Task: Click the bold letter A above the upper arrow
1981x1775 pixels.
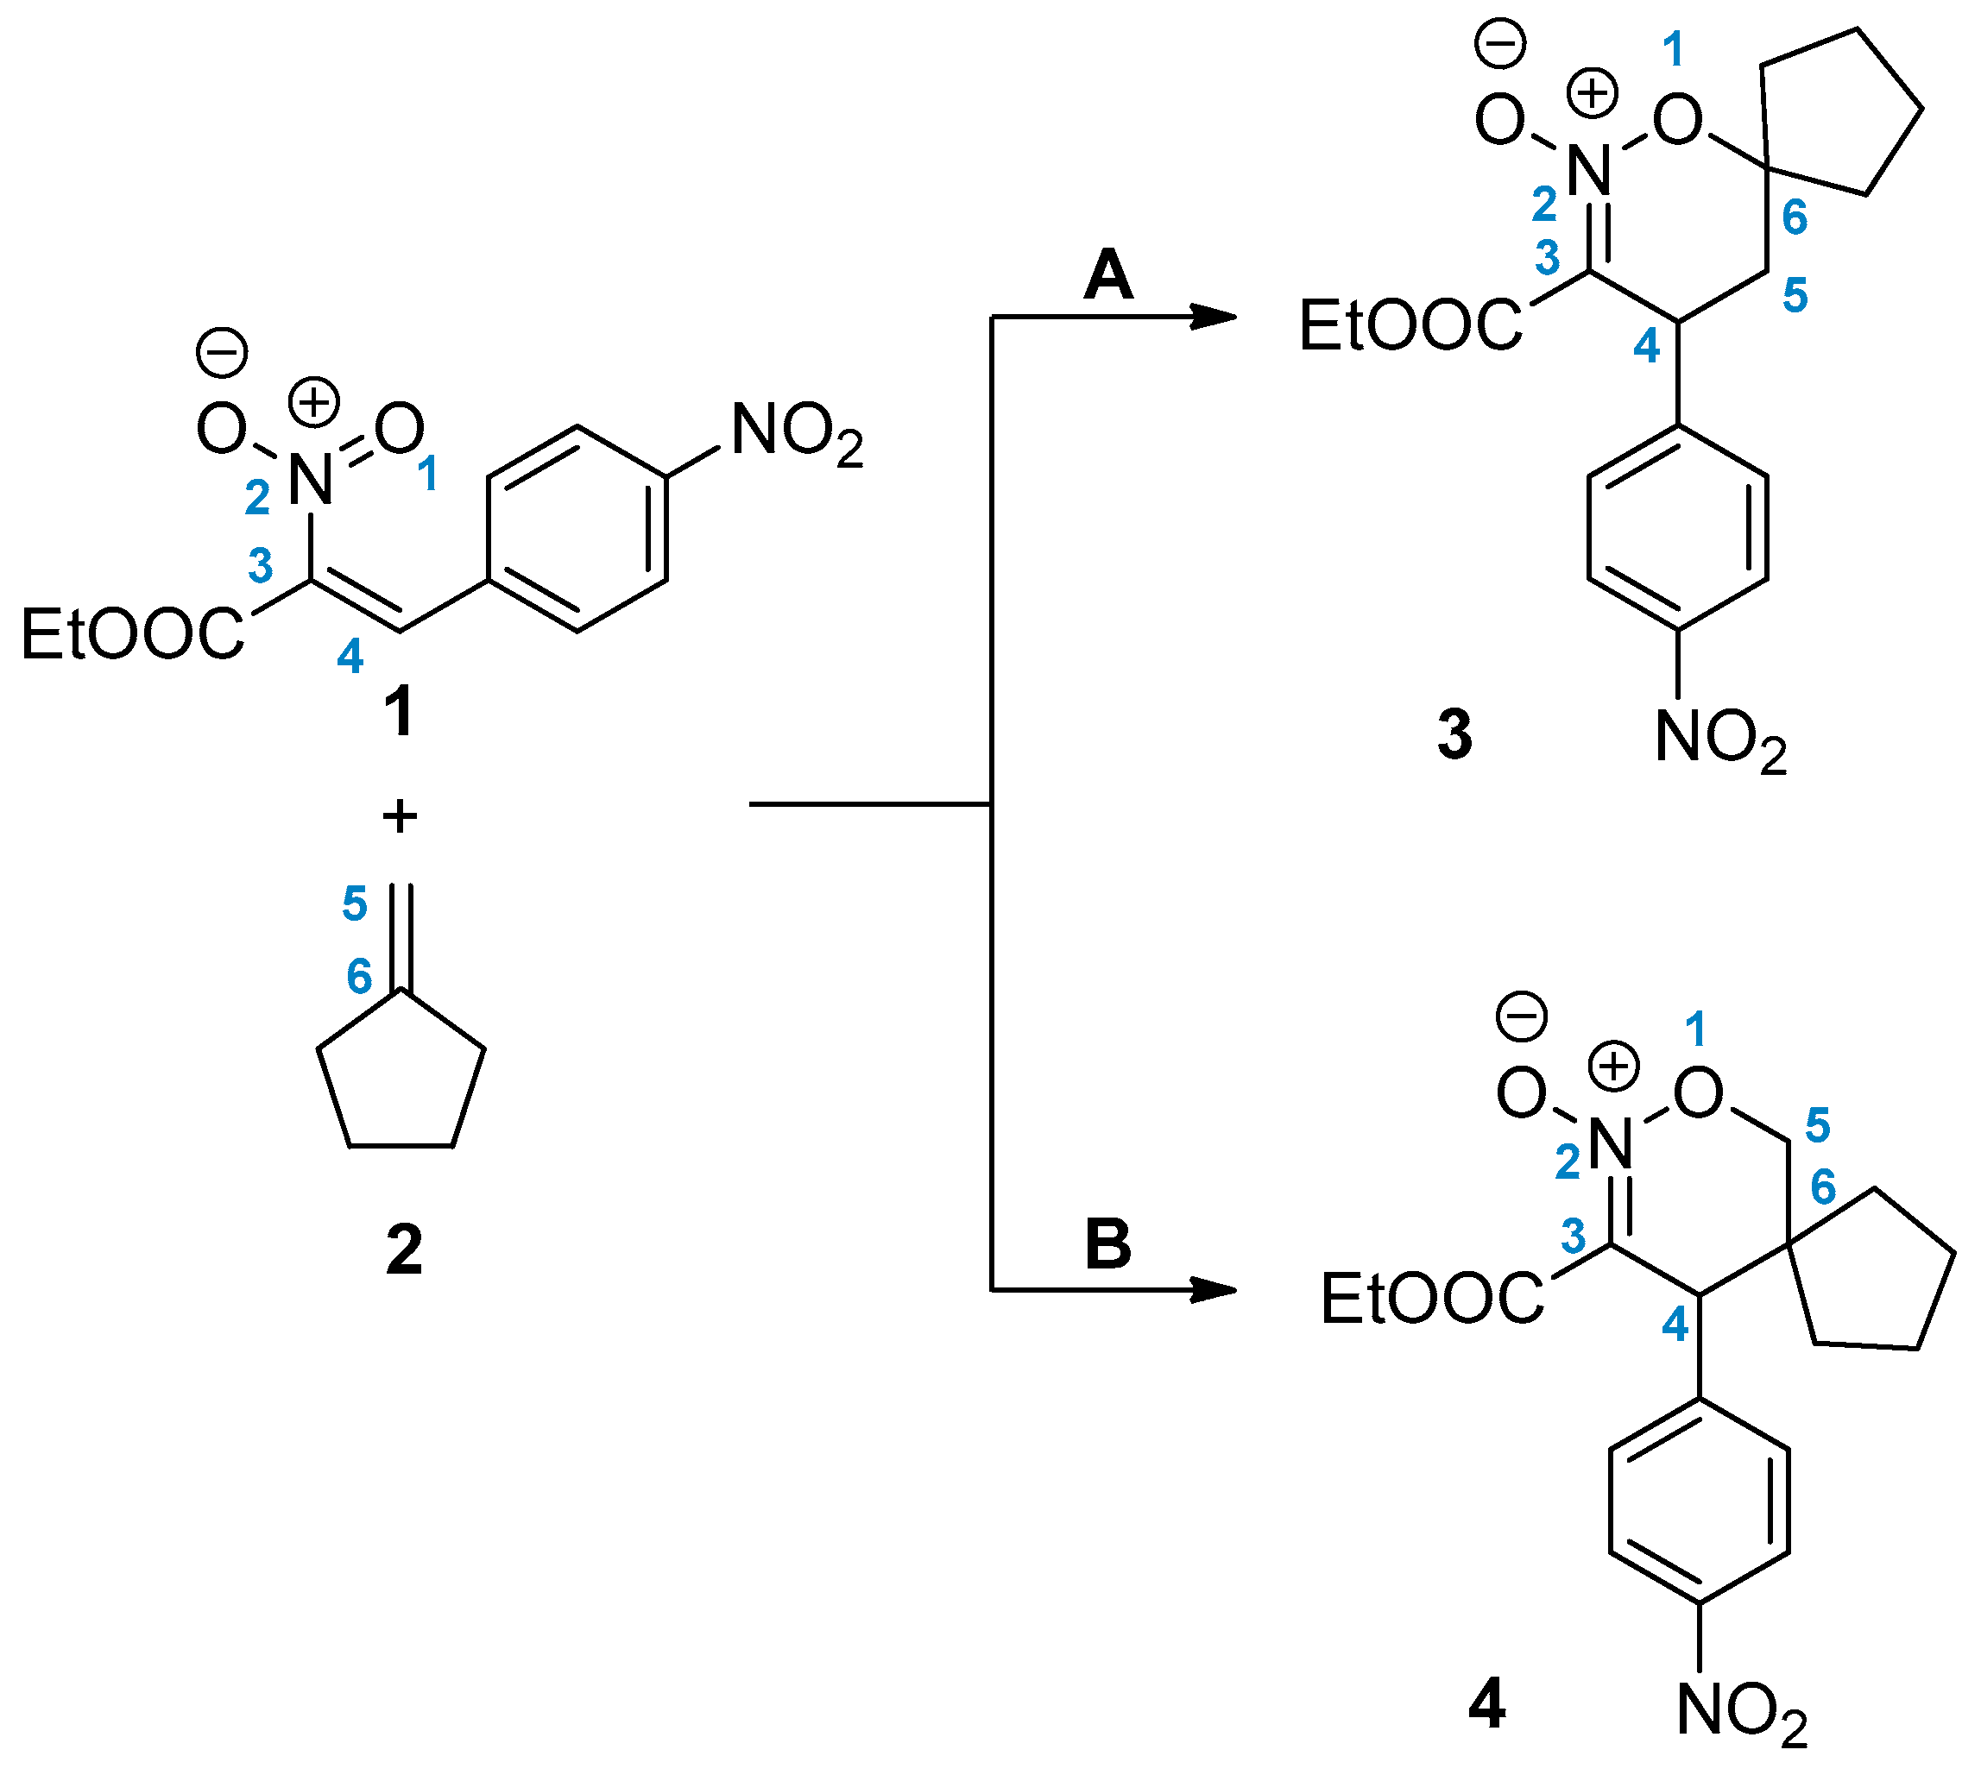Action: tap(1108, 275)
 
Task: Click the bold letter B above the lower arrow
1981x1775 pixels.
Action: tap(1108, 1245)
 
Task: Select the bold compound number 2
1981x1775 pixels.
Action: tap(404, 1249)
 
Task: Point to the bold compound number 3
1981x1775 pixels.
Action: tap(1454, 734)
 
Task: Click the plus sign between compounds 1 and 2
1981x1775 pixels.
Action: tap(400, 815)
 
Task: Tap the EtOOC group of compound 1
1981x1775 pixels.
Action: tap(133, 634)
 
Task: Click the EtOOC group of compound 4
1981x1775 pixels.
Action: tap(1432, 1299)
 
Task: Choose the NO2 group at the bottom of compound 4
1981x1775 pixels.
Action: tap(1742, 1713)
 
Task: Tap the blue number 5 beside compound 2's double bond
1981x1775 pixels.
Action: tap(354, 903)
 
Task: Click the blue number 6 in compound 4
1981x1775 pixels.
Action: tap(1822, 1186)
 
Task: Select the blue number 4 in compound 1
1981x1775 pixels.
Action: tap(350, 657)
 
